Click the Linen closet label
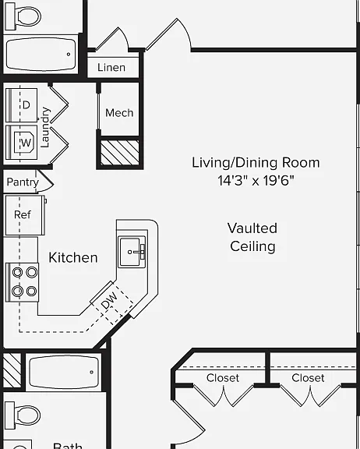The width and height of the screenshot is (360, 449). pyautogui.click(x=111, y=67)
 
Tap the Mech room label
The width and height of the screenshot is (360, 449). pyautogui.click(x=119, y=113)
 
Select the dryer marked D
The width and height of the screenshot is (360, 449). pyautogui.click(x=22, y=105)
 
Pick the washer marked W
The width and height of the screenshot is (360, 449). pyautogui.click(x=22, y=143)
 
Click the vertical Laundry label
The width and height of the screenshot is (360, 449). pyautogui.click(x=45, y=127)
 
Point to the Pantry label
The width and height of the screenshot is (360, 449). pyautogui.click(x=23, y=182)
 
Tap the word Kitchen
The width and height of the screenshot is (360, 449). pyautogui.click(x=73, y=257)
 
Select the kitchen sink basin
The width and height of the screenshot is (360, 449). pyautogui.click(x=132, y=252)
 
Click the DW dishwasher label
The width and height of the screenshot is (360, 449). pyautogui.click(x=109, y=300)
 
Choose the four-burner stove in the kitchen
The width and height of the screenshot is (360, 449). pyautogui.click(x=23, y=282)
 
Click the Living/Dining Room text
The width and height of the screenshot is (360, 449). pyautogui.click(x=256, y=163)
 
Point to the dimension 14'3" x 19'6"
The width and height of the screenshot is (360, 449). pyautogui.click(x=256, y=181)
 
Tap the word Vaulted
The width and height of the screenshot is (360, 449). pyautogui.click(x=252, y=228)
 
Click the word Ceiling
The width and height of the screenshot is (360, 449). pyautogui.click(x=252, y=246)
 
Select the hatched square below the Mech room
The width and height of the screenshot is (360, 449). pyautogui.click(x=120, y=153)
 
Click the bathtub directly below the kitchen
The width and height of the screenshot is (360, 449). pyautogui.click(x=64, y=372)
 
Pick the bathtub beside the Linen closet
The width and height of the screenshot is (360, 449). pyautogui.click(x=41, y=54)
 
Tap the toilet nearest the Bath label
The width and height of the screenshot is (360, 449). pyautogui.click(x=23, y=415)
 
